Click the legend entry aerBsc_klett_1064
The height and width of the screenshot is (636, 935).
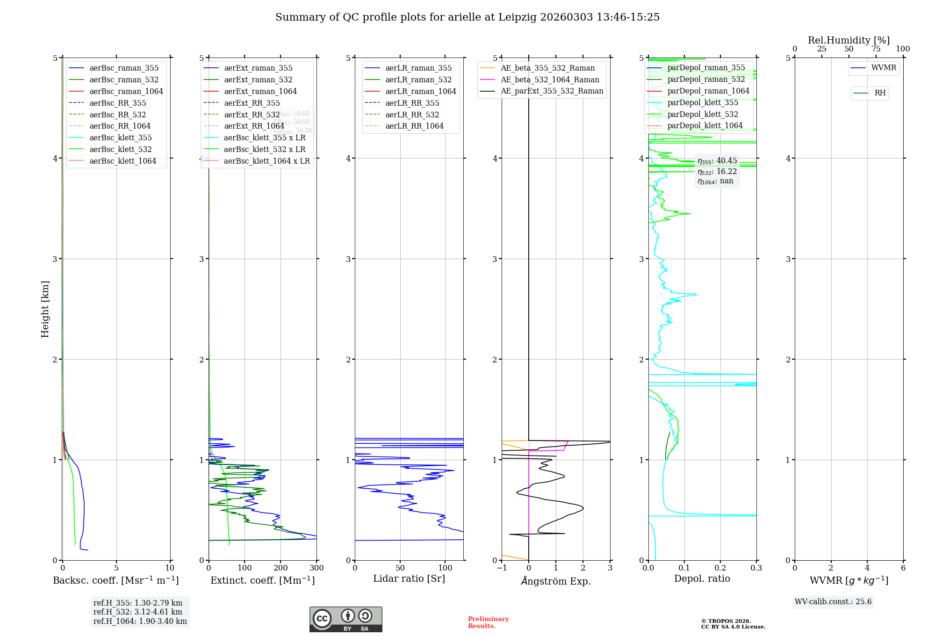click(x=122, y=161)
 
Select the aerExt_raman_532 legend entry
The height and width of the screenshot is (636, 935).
click(x=258, y=80)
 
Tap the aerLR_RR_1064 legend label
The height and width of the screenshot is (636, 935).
click(x=414, y=126)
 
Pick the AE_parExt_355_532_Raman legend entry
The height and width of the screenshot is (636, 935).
click(x=552, y=91)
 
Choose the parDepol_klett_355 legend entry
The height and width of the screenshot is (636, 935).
click(x=703, y=102)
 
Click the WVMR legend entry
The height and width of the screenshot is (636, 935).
click(x=884, y=68)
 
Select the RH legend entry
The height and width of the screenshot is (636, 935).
click(x=880, y=93)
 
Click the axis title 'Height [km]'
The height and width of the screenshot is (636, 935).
click(x=45, y=309)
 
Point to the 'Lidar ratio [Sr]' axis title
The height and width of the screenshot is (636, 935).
click(x=409, y=578)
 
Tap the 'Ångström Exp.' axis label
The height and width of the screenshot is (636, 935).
click(x=556, y=581)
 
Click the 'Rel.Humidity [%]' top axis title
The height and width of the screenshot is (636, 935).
click(x=849, y=40)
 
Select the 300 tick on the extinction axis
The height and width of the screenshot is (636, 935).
click(x=316, y=568)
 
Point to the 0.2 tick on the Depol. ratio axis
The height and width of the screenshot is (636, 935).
click(x=720, y=568)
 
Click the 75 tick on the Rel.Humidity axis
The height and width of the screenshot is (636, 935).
click(x=876, y=49)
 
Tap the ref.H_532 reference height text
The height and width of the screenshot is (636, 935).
click(x=138, y=612)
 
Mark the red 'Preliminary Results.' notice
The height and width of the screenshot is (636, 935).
click(x=488, y=622)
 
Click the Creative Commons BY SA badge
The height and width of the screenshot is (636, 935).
click(x=345, y=620)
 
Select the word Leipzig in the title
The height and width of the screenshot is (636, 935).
click(x=517, y=17)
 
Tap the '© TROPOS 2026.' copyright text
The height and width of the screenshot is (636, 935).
click(x=726, y=621)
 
